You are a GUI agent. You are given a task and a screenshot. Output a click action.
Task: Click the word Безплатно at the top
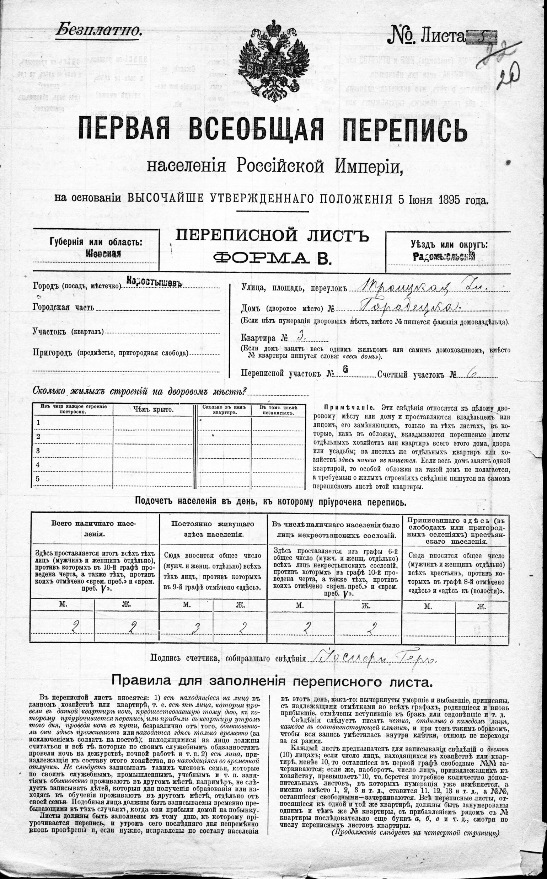(98, 30)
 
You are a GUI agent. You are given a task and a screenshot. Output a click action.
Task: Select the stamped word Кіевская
(103, 254)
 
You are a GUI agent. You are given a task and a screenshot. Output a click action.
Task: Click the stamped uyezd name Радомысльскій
(444, 257)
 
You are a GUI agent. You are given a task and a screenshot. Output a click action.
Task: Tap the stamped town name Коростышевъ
(154, 283)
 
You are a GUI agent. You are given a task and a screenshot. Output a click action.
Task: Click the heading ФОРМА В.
(272, 258)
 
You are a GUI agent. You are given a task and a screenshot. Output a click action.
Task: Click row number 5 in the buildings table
(38, 479)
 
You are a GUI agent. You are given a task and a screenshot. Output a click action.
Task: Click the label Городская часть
(63, 307)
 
